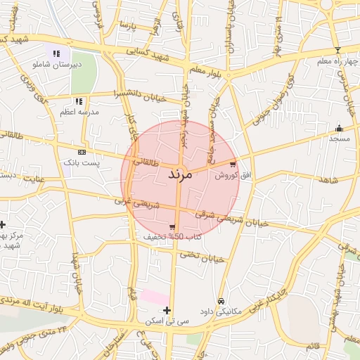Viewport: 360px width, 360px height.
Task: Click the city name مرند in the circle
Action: click(x=181, y=174)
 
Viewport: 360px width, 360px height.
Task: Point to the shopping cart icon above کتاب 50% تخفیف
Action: click(x=172, y=226)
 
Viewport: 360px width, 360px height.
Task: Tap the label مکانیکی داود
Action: click(x=221, y=310)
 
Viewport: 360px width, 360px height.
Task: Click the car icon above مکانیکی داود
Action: click(x=221, y=300)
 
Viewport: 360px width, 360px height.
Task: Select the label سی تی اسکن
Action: click(x=167, y=321)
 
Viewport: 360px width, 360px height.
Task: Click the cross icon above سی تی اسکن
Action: click(x=167, y=310)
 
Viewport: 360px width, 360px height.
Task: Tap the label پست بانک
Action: click(x=82, y=162)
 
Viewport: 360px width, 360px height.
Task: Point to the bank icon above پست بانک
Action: click(x=82, y=152)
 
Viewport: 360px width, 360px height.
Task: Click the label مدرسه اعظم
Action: click(x=79, y=112)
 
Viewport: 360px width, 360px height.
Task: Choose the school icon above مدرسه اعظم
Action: click(x=79, y=101)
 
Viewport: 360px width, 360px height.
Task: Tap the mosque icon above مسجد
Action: click(x=339, y=128)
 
